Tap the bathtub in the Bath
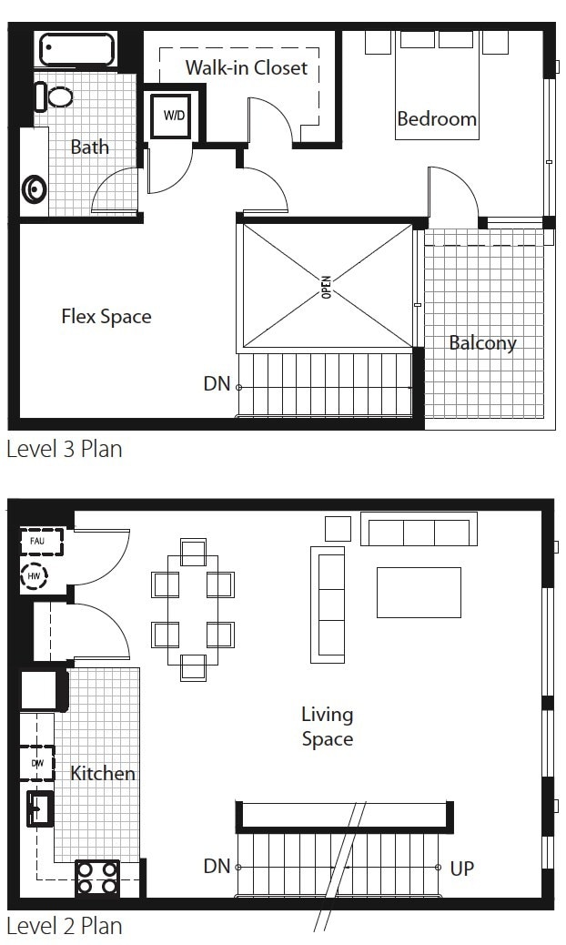point(76,49)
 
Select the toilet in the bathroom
point(57,97)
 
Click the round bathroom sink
point(35,189)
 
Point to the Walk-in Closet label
point(246,67)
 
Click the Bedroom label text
point(437,118)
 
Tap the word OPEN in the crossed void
point(327,286)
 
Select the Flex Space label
point(106,317)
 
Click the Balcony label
point(482,343)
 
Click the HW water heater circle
point(35,576)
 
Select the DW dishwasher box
point(38,763)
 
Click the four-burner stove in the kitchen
point(96,878)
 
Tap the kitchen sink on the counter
point(40,808)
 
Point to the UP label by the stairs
point(462,869)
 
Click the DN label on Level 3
point(217,384)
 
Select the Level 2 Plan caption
point(64,927)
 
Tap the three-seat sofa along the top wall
point(418,530)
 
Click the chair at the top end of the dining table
point(194,553)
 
